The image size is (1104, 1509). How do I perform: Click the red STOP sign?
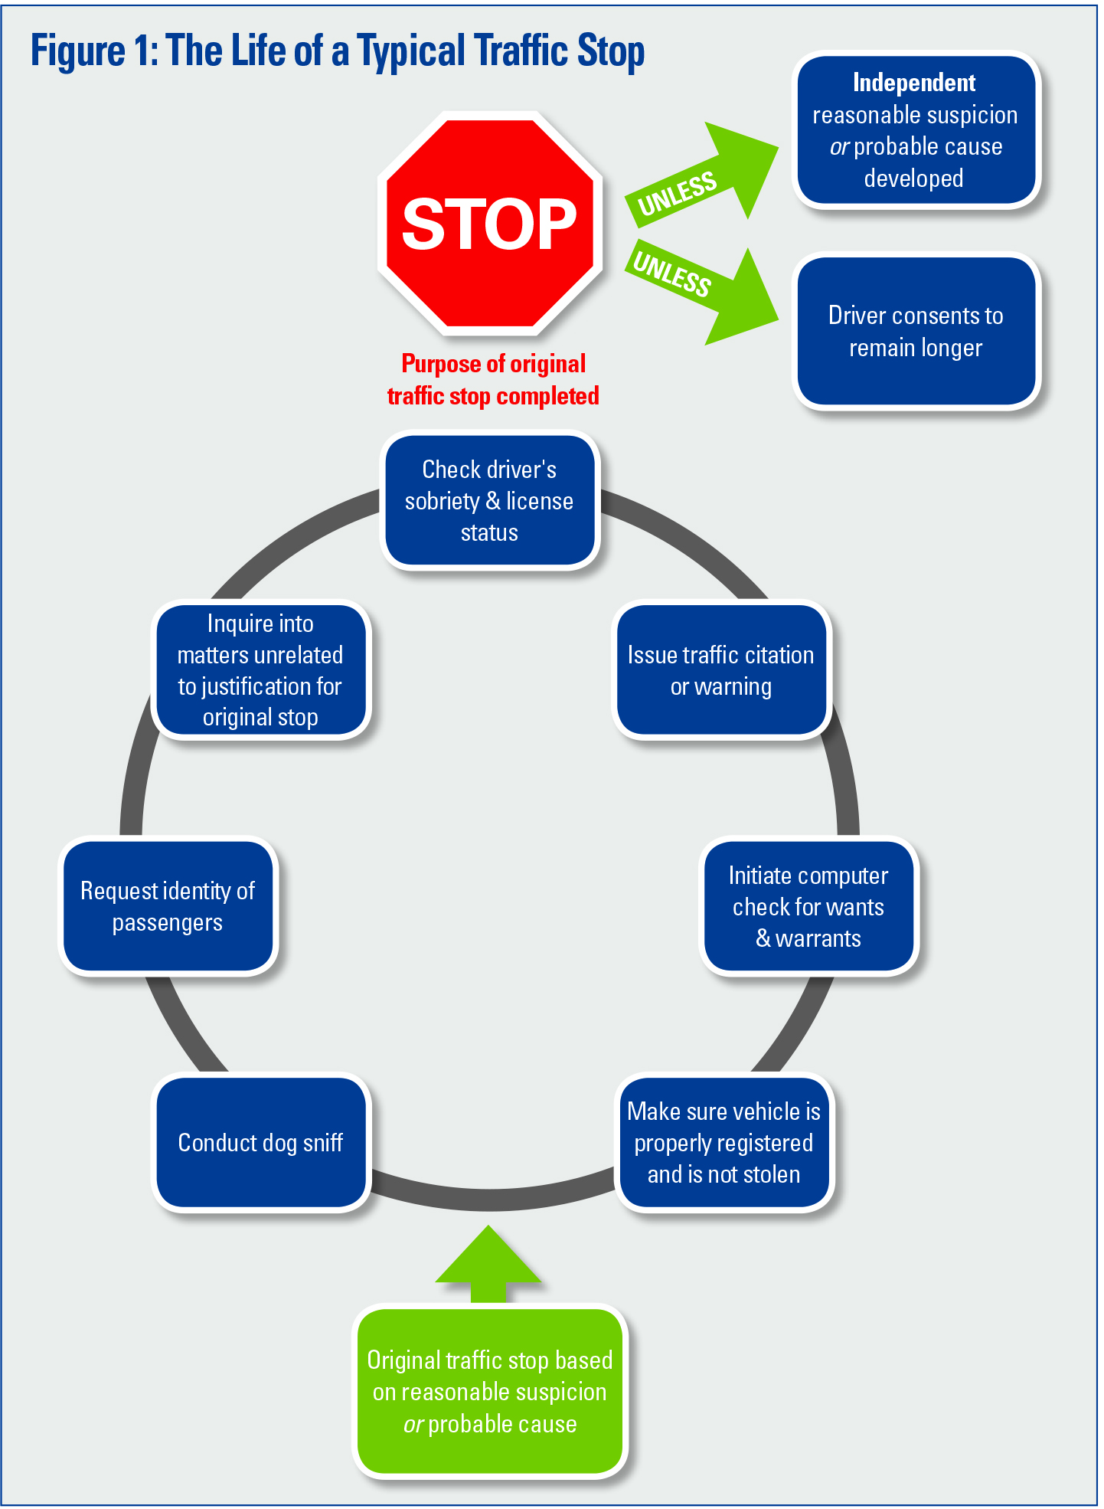pyautogui.click(x=489, y=224)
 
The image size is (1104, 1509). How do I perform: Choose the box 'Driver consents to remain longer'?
pyautogui.click(x=916, y=331)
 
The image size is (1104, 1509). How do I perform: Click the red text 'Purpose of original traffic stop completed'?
pyautogui.click(x=493, y=380)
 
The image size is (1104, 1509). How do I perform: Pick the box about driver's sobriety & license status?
pyautogui.click(x=489, y=500)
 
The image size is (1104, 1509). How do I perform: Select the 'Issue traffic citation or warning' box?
pyautogui.click(x=720, y=670)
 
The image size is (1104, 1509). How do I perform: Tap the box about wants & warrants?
pyautogui.click(x=808, y=906)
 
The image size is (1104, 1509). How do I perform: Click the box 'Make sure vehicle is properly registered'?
pyautogui.click(x=723, y=1142)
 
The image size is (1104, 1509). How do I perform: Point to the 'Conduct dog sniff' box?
pyautogui.click(x=260, y=1142)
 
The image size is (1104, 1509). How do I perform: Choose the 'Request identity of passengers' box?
pyautogui.click(x=168, y=906)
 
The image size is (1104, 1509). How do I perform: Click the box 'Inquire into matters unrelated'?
pyautogui.click(x=260, y=670)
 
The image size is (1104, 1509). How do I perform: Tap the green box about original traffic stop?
pyautogui.click(x=490, y=1392)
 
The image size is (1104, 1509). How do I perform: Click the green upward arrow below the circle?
pyautogui.click(x=488, y=1264)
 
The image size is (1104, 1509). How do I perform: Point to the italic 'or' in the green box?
pyautogui.click(x=413, y=1425)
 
